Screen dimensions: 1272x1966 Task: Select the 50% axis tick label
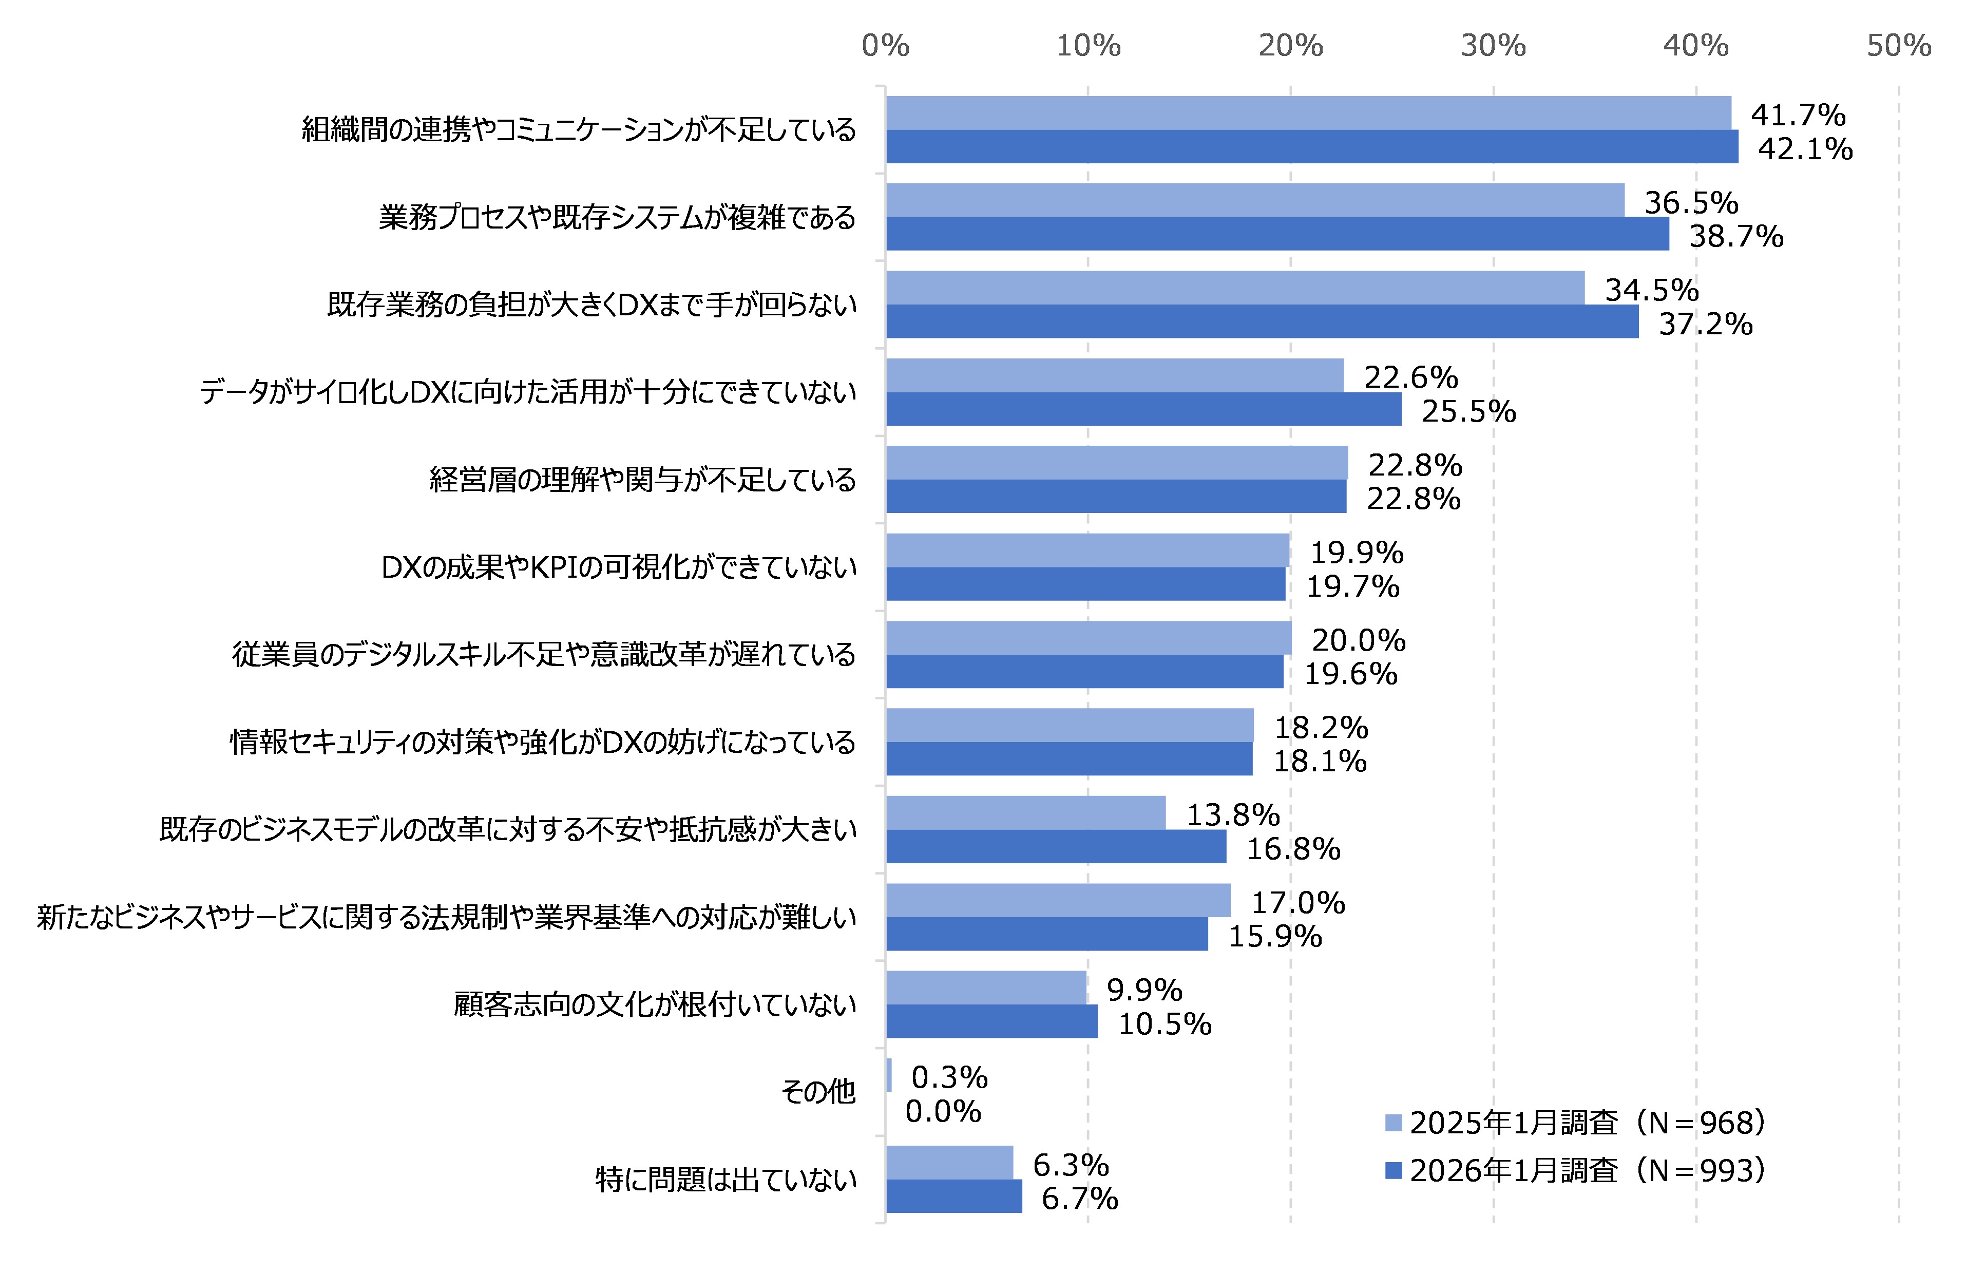pos(1898,45)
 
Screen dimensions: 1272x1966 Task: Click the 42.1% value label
pos(1805,149)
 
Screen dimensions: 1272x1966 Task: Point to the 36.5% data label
pos(1691,202)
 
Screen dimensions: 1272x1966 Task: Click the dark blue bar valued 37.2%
pos(1262,321)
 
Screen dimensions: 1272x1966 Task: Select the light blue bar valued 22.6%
pos(1115,375)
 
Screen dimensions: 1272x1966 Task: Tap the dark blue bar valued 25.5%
pos(1143,409)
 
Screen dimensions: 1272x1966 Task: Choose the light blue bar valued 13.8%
pos(1025,813)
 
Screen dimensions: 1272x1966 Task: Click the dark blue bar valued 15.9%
pos(1047,934)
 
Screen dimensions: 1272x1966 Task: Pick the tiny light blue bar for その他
pos(888,1075)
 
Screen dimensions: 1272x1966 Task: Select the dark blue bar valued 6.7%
pos(953,1196)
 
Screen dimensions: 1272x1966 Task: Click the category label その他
pos(817,1092)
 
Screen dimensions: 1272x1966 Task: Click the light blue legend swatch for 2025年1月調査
pos(1393,1123)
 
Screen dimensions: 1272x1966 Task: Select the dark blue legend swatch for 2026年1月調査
pos(1393,1170)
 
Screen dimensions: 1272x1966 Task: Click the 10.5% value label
pos(1164,1024)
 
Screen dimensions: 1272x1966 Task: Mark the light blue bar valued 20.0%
pos(1089,638)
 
